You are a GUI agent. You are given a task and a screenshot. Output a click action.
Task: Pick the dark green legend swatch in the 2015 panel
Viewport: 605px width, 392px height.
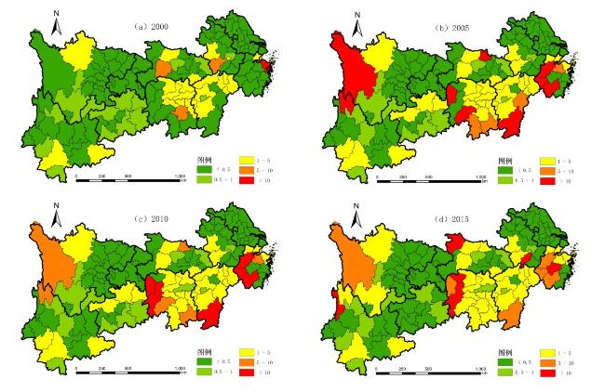point(506,360)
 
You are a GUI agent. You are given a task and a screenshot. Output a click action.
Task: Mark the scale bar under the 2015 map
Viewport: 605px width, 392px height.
point(429,370)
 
